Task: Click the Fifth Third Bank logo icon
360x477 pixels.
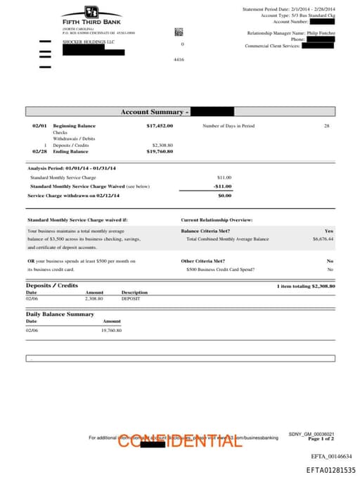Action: pyautogui.click(x=91, y=13)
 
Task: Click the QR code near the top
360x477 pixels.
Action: pyautogui.click(x=178, y=31)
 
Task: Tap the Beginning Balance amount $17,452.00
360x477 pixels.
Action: pyautogui.click(x=160, y=126)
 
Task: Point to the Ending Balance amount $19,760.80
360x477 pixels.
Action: pyautogui.click(x=160, y=151)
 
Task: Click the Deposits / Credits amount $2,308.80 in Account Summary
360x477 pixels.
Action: pyautogui.click(x=162, y=145)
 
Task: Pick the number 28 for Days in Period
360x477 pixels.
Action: pyautogui.click(x=326, y=126)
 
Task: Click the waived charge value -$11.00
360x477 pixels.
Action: pyautogui.click(x=222, y=186)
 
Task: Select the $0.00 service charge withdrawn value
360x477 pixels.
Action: pyautogui.click(x=224, y=196)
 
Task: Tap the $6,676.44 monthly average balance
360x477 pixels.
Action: pyautogui.click(x=323, y=239)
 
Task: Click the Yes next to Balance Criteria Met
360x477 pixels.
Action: pyautogui.click(x=329, y=231)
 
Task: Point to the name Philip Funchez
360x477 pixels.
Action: pyautogui.click(x=321, y=33)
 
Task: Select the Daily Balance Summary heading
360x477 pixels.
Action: pyautogui.click(x=60, y=314)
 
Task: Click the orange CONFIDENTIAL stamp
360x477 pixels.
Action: pyautogui.click(x=179, y=441)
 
